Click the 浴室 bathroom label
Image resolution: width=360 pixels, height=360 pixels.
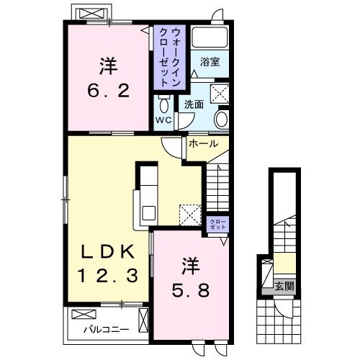pyautogui.click(x=210, y=62)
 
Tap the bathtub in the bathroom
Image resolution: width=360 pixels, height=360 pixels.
pyautogui.click(x=210, y=37)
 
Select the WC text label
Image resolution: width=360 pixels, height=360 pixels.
pyautogui.click(x=163, y=120)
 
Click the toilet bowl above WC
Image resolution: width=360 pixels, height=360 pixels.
pyautogui.click(x=164, y=104)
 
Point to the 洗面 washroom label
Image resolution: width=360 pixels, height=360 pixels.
pyautogui.click(x=194, y=104)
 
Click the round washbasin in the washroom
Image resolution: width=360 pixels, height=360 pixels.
pyautogui.click(x=221, y=120)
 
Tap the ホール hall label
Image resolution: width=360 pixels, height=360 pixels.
pyautogui.click(x=204, y=144)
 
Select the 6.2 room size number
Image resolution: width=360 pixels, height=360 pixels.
pyautogui.click(x=109, y=91)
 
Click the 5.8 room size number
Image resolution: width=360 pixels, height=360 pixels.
pyautogui.click(x=191, y=290)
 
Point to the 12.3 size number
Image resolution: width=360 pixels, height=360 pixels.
pyautogui.click(x=108, y=275)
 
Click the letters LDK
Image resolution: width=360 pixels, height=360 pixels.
pyautogui.click(x=108, y=252)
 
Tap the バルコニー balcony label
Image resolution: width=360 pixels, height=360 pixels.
pyautogui.click(x=107, y=330)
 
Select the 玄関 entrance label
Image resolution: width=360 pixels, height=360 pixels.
pyautogui.click(x=284, y=286)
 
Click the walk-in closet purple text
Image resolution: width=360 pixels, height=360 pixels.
pyautogui.click(x=170, y=57)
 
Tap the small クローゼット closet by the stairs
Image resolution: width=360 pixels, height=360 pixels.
pyautogui.click(x=218, y=224)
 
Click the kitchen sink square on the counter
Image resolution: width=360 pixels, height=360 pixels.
pyautogui.click(x=149, y=213)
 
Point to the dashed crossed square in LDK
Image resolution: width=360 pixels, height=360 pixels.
pyautogui.click(x=191, y=215)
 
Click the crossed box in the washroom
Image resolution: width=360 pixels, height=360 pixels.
pyautogui.click(x=220, y=94)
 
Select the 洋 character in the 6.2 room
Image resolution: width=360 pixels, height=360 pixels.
pyautogui.click(x=109, y=66)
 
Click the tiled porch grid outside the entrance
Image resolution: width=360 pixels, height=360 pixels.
pyautogui.click(x=279, y=322)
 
